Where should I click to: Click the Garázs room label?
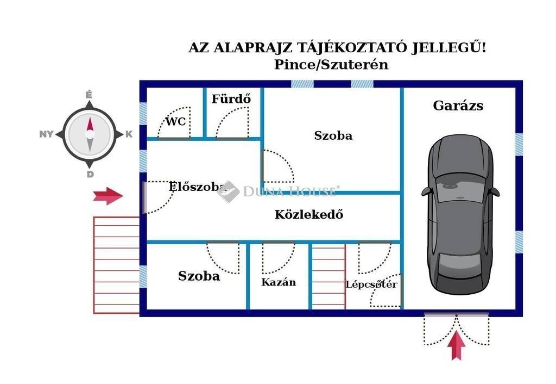click(458, 106)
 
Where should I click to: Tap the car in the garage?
click(460, 214)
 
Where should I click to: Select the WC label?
click(175, 121)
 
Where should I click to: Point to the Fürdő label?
click(231, 99)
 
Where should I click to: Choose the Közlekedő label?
click(308, 214)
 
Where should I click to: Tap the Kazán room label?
click(279, 282)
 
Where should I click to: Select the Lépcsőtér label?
click(371, 284)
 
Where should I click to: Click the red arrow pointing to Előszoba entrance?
click(108, 196)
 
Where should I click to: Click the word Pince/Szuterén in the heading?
click(331, 64)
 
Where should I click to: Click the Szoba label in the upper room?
click(333, 135)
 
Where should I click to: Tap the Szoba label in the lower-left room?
click(199, 276)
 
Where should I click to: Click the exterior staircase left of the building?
click(116, 265)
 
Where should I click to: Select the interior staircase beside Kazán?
click(328, 277)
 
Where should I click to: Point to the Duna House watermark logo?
click(228, 191)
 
